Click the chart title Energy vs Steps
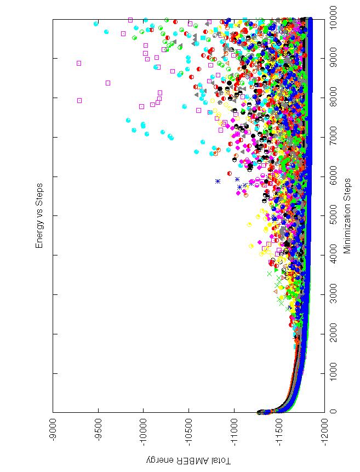[x=39, y=216]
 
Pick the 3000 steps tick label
[x=334, y=294]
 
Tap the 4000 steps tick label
[x=334, y=255]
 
